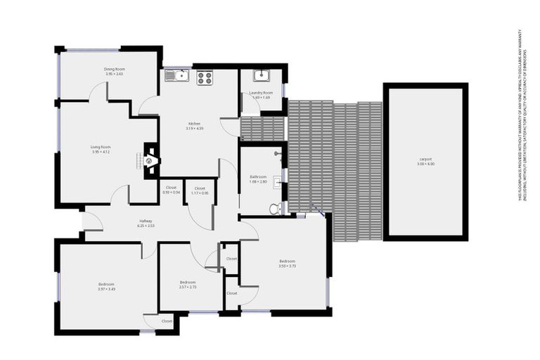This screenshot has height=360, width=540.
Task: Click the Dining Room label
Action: [x=114, y=69]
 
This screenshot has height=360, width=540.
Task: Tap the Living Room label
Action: [x=101, y=147]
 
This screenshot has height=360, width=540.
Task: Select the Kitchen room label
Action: [x=194, y=124]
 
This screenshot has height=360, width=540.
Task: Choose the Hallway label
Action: [x=146, y=221]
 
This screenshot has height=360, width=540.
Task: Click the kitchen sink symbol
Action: [x=177, y=75]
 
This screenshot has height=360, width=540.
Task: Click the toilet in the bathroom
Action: [x=276, y=208]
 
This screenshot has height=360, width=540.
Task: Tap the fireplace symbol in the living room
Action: [x=150, y=161]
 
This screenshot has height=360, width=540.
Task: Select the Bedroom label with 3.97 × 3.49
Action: [x=105, y=284]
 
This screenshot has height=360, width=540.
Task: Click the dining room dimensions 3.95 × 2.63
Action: [x=114, y=74]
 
